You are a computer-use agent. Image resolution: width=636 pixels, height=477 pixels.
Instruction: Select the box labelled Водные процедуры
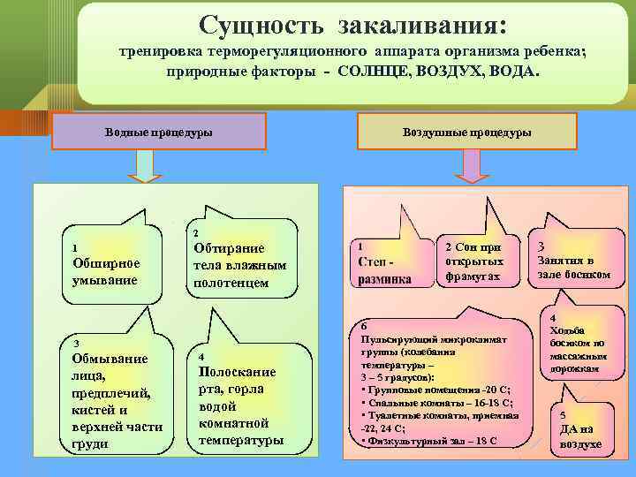tap(158, 132)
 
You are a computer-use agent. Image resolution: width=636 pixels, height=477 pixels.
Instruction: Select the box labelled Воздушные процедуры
tap(467, 132)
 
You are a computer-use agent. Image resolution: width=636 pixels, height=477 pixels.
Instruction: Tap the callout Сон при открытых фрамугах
tap(474, 261)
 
